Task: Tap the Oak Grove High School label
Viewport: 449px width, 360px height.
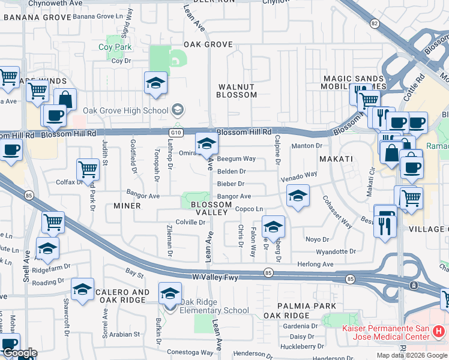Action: click(125, 110)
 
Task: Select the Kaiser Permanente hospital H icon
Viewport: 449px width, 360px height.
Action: click(439, 331)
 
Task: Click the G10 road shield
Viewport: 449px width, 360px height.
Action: click(175, 131)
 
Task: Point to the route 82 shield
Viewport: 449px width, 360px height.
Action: click(375, 23)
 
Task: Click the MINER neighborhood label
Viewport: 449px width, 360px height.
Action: click(127, 206)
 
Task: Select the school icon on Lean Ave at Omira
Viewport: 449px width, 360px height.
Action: click(206, 143)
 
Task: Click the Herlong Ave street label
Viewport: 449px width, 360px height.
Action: click(316, 264)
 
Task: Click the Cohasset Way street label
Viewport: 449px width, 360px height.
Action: click(337, 211)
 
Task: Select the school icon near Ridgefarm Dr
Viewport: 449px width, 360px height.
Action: click(47, 248)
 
